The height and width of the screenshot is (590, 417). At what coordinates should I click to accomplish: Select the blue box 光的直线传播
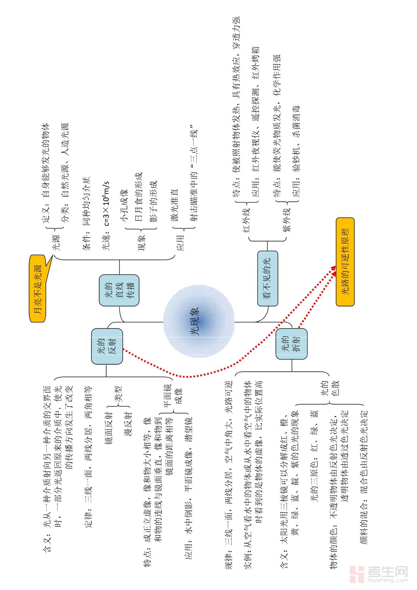point(119,290)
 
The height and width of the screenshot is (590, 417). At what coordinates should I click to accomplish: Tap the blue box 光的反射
point(107,346)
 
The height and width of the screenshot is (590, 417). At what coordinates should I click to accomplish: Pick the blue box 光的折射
point(291,344)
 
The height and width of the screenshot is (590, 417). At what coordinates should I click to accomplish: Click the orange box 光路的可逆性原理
point(345,262)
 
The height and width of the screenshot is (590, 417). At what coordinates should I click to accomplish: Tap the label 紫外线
point(286,220)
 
